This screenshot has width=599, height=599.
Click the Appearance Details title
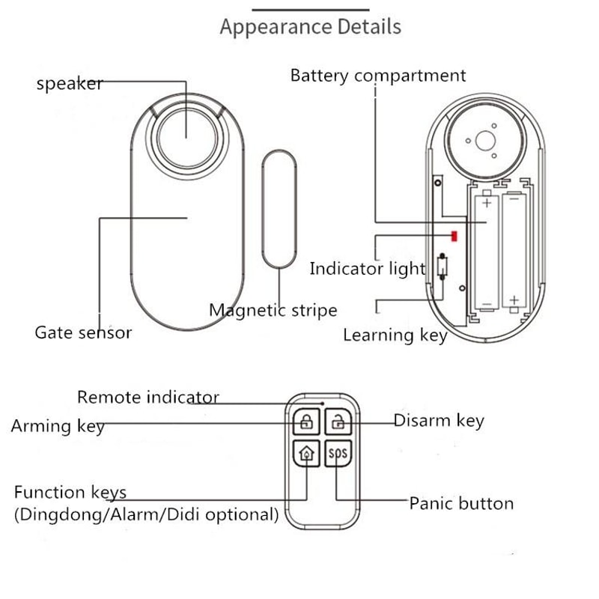coord(310,27)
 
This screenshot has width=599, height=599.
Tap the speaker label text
coord(70,83)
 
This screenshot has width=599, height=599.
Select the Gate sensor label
coord(83,332)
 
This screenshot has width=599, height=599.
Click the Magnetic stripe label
coord(273,310)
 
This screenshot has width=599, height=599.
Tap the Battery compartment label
coord(377,76)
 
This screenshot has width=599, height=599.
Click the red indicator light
coord(454,237)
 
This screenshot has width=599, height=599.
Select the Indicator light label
coord(367,269)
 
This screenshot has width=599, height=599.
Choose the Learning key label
coord(395,335)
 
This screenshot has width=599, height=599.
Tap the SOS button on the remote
coord(338,454)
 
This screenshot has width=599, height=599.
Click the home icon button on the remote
coord(305,454)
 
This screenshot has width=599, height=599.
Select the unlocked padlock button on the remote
coord(338,422)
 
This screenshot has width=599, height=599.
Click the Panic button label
coord(460,503)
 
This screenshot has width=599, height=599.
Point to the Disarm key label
coord(439,421)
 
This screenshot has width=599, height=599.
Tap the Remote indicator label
coord(148,397)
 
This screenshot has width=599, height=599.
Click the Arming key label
coord(58,426)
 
